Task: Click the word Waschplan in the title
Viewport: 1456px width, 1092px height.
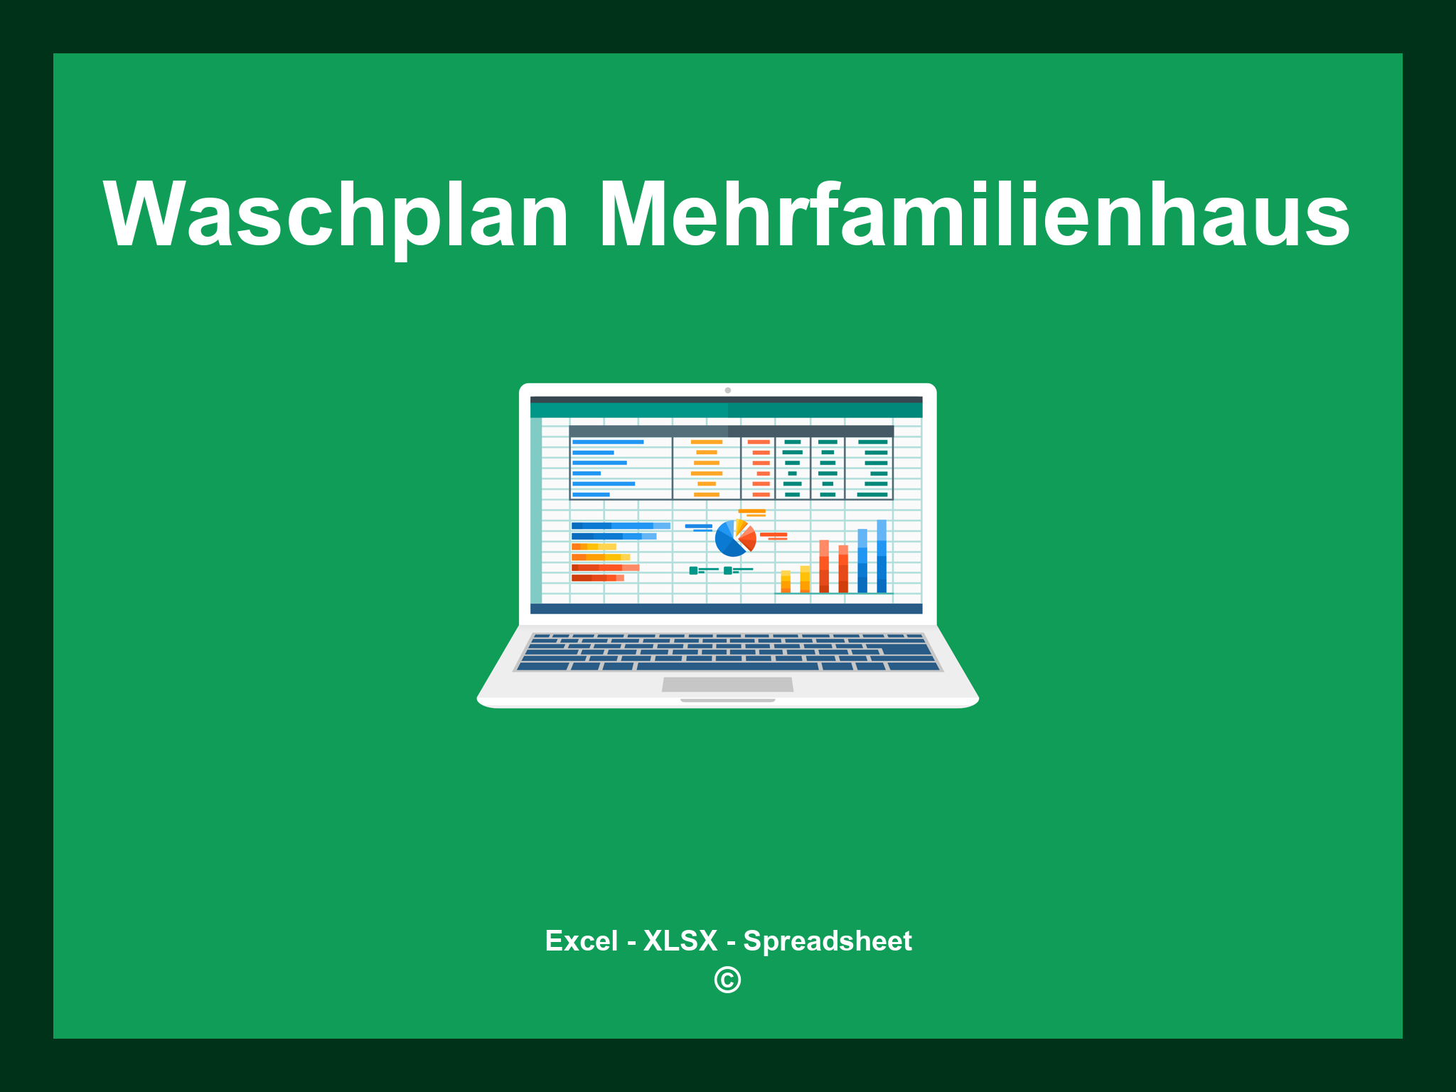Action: point(336,215)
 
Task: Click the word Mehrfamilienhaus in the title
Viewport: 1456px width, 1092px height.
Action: point(974,215)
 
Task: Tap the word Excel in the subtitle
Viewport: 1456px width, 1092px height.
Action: point(581,941)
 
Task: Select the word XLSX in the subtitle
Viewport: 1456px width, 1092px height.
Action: point(680,941)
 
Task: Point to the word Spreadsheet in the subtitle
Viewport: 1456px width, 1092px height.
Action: point(827,941)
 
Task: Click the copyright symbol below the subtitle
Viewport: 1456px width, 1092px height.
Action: point(727,980)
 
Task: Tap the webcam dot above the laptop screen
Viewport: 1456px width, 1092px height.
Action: point(727,390)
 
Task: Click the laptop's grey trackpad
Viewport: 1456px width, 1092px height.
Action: point(727,684)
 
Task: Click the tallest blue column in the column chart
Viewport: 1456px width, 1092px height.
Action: point(882,556)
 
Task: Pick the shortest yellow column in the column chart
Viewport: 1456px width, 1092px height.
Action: point(786,582)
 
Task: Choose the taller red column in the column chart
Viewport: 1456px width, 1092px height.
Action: point(824,566)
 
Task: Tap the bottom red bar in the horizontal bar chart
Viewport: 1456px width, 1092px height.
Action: point(597,578)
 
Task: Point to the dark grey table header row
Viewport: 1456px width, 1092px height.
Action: point(731,432)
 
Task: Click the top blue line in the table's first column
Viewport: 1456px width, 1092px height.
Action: point(608,442)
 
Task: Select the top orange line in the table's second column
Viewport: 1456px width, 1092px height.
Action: point(706,442)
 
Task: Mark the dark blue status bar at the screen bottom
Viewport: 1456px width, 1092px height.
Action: point(726,609)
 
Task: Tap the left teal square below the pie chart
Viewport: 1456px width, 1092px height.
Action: point(693,570)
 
